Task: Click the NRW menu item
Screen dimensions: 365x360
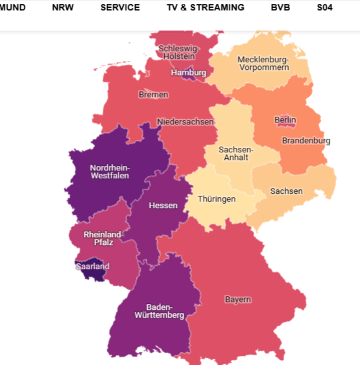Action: (x=63, y=8)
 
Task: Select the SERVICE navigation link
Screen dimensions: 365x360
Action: (x=120, y=8)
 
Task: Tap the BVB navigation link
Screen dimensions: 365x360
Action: (x=281, y=8)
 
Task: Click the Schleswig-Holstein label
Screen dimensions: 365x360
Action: (x=179, y=53)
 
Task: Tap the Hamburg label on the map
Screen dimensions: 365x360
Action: (x=189, y=73)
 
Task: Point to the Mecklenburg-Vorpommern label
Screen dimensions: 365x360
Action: (x=263, y=64)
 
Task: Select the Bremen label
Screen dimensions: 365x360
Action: (x=153, y=95)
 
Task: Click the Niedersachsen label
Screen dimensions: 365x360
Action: (x=186, y=122)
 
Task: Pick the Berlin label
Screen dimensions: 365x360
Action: (x=285, y=120)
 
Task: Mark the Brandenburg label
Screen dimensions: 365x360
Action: (x=306, y=141)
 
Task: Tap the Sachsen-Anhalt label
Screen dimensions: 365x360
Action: (x=236, y=153)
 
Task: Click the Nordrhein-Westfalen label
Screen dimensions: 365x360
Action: (x=110, y=171)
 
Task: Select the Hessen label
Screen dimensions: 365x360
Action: (x=163, y=206)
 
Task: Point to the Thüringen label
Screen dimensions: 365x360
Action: (x=217, y=199)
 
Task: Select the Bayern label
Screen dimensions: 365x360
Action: (x=238, y=300)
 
